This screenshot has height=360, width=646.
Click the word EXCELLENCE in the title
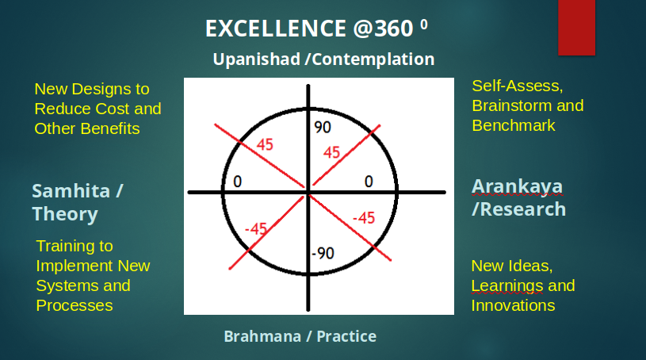click(276, 29)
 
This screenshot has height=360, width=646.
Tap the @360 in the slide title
click(383, 29)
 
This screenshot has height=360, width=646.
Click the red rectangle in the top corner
click(576, 27)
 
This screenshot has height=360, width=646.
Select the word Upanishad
click(257, 59)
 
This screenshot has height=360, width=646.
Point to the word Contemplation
click(373, 59)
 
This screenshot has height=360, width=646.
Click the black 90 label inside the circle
click(322, 128)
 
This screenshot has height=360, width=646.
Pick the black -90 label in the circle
click(323, 253)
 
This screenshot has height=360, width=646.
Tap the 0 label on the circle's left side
click(237, 182)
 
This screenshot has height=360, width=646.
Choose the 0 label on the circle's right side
click(369, 182)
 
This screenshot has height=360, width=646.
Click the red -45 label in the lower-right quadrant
click(364, 218)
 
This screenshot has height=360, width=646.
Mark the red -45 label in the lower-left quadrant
click(256, 228)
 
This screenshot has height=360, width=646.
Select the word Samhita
click(71, 191)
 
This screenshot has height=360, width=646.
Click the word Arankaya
click(517, 186)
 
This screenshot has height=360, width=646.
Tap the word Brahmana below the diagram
click(262, 336)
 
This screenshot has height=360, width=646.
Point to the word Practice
click(346, 336)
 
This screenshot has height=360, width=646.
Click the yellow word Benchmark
click(514, 126)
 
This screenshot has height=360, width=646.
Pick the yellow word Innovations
click(513, 305)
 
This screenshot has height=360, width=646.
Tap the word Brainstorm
click(512, 106)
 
